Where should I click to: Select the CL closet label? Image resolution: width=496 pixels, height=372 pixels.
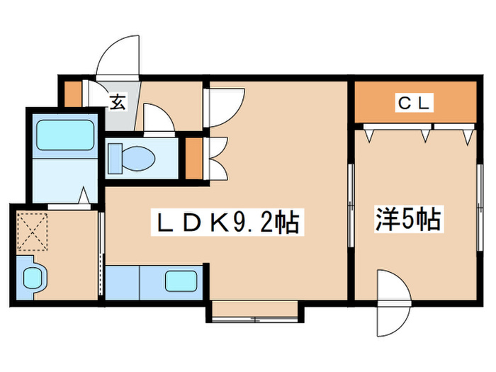(413, 103)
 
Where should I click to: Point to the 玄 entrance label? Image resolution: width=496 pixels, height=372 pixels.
(117, 102)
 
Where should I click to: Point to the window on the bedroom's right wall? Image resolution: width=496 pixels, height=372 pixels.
(483, 205)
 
